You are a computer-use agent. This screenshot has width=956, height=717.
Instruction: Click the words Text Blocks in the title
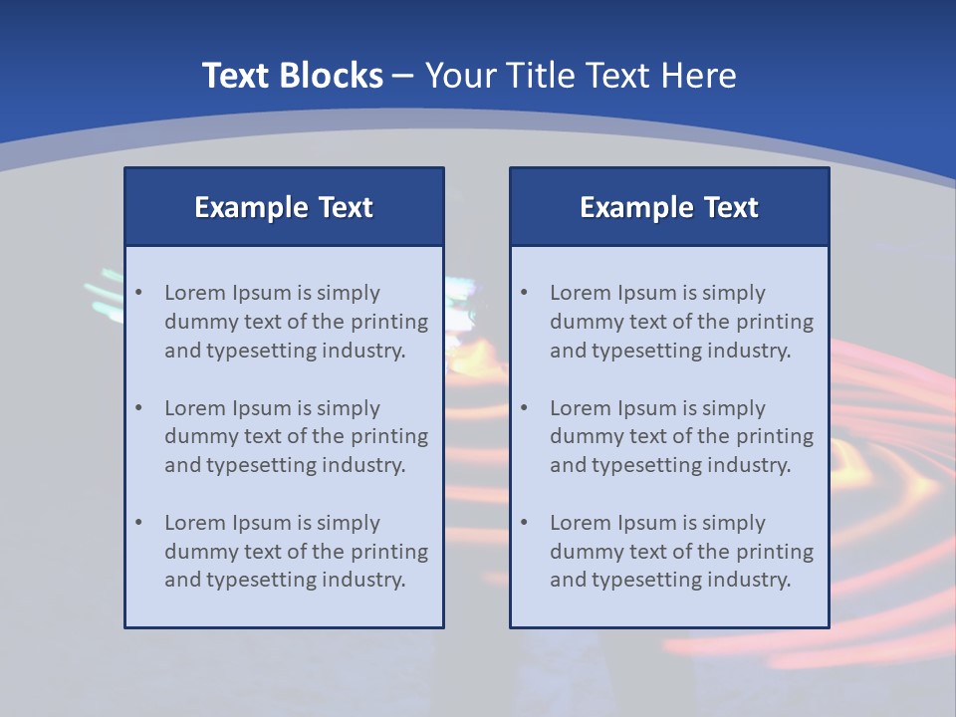click(x=293, y=76)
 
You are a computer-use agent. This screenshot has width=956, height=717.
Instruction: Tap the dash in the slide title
click(x=403, y=77)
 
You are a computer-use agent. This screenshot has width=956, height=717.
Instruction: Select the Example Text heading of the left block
click(x=284, y=207)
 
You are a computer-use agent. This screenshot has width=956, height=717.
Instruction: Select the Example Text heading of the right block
click(x=669, y=207)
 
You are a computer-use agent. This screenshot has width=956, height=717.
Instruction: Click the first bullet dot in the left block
click(x=138, y=293)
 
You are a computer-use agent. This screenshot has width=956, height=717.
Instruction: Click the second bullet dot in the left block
click(x=138, y=408)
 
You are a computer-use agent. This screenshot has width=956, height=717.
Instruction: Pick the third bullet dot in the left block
click(x=138, y=523)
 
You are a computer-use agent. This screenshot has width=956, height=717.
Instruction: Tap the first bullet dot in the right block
click(x=524, y=293)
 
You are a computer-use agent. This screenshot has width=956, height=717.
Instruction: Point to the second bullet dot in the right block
click(x=524, y=408)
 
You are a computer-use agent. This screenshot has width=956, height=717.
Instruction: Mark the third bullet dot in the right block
click(x=524, y=523)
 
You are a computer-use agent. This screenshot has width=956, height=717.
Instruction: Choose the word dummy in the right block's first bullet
click(x=582, y=322)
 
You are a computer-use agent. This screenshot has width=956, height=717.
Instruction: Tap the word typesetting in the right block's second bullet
click(x=647, y=465)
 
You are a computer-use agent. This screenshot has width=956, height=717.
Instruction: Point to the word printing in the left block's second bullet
click(x=391, y=437)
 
